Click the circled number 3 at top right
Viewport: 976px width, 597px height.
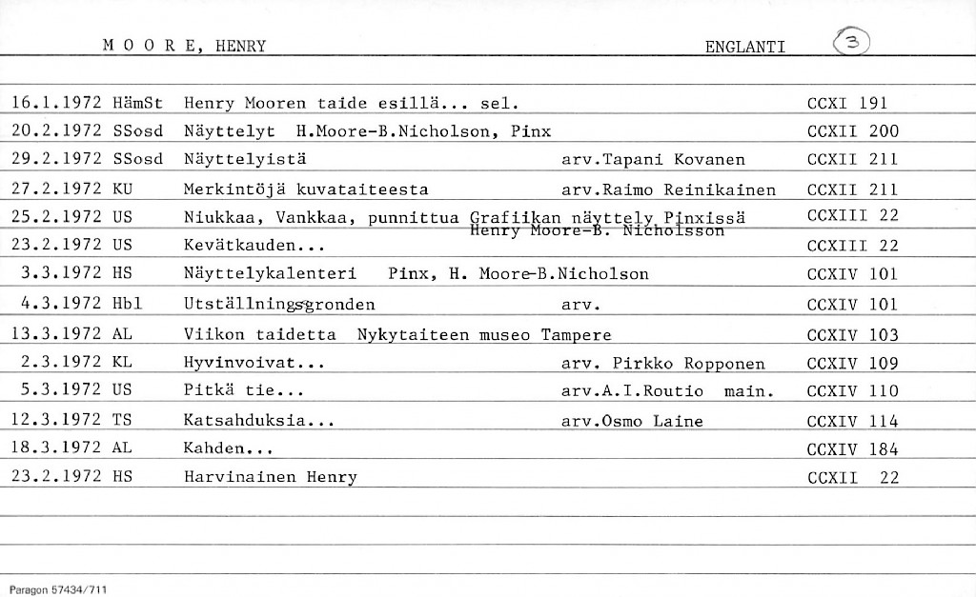tap(851, 43)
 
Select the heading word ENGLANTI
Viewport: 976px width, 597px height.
tap(744, 47)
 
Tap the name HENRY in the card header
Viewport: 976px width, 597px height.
tap(239, 47)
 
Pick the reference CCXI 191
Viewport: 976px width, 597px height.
tap(846, 103)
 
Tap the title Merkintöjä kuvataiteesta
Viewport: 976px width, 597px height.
tap(305, 189)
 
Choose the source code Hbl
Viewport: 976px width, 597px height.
tap(127, 305)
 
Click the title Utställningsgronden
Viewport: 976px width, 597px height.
tap(279, 305)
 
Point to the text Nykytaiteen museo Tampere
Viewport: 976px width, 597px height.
tap(483, 334)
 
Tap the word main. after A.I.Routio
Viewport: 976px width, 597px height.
tap(748, 390)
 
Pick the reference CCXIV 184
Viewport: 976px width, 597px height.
tap(852, 448)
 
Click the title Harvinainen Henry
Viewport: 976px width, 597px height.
tap(270, 477)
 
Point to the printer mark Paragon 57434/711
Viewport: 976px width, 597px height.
tap(58, 589)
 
